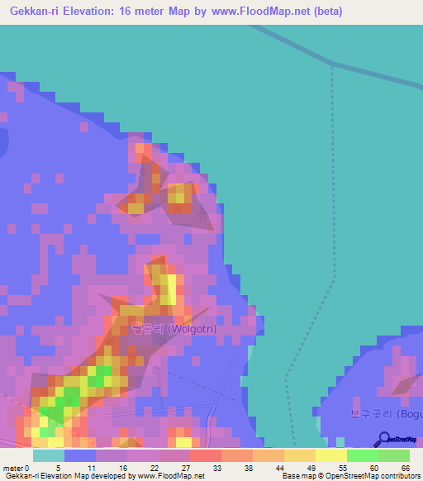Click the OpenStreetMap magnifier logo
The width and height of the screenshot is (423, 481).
383,441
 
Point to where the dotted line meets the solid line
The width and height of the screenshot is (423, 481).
332,65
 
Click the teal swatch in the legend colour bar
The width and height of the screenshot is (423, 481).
48,455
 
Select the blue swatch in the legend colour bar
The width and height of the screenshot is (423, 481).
80,455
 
